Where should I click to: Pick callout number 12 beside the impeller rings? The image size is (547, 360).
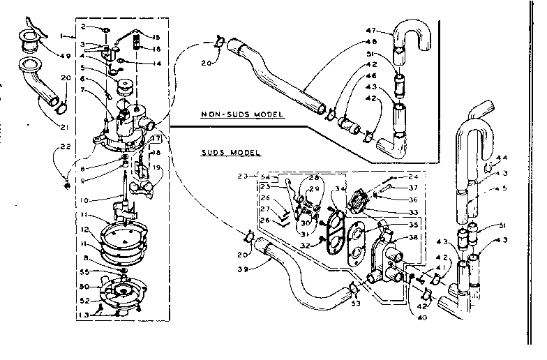[84, 230]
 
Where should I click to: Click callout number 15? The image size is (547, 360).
[156, 37]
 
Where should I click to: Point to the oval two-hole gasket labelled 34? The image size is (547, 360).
[334, 227]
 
